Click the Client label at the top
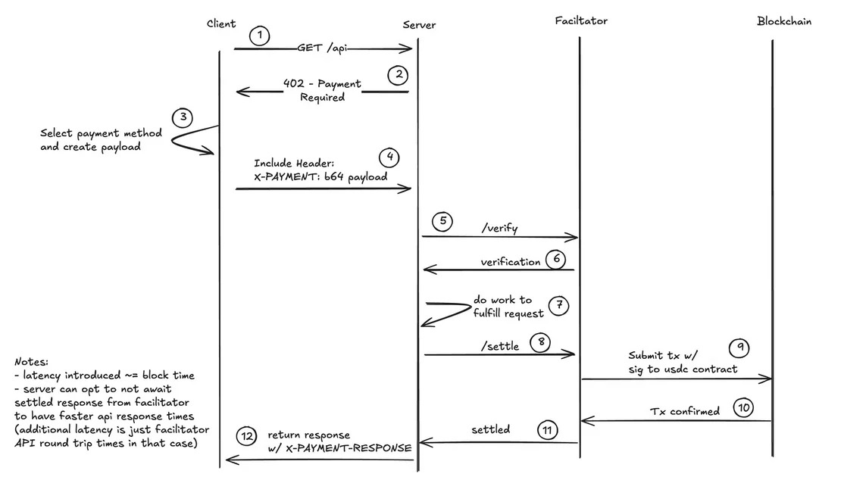(221, 24)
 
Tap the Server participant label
(419, 25)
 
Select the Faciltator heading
(580, 21)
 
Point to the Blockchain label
(784, 21)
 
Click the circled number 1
(260, 36)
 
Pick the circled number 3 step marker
(182, 117)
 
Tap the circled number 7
(558, 305)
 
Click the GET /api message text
(323, 48)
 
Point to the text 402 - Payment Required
(322, 90)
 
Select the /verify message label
(499, 227)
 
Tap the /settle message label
(500, 346)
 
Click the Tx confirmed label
(685, 411)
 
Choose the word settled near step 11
(490, 429)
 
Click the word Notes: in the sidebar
(31, 362)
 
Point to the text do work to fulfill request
(508, 306)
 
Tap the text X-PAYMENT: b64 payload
(320, 176)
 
